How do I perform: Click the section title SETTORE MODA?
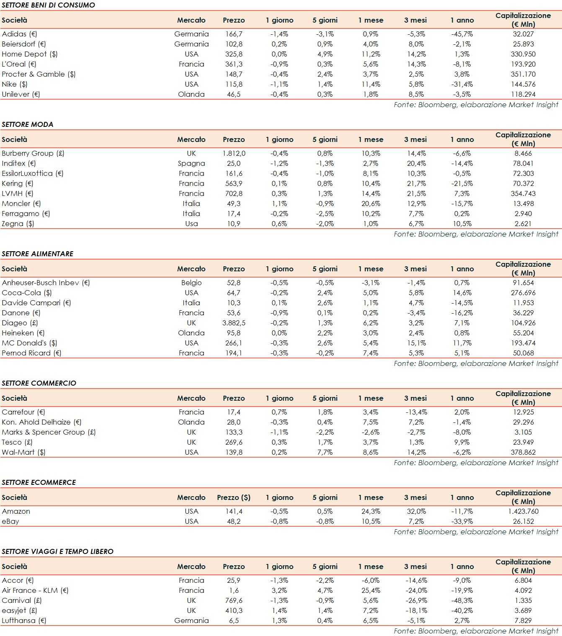[28, 124]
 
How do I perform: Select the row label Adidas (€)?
[19, 34]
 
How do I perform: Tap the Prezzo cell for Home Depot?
[234, 54]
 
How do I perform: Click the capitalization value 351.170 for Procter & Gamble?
[523, 74]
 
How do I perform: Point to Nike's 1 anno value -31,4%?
[462, 84]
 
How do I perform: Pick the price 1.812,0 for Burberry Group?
[234, 153]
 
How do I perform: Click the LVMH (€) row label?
[17, 193]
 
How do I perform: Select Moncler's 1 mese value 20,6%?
[371, 203]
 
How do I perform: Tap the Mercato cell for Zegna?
[191, 224]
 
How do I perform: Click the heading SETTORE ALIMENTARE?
[38, 254]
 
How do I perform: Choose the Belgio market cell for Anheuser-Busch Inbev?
[191, 283]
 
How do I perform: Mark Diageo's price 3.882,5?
[234, 323]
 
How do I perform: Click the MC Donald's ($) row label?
[29, 343]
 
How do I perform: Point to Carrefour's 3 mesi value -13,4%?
[416, 412]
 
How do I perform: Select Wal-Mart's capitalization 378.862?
[523, 452]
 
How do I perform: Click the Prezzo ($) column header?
[234, 497]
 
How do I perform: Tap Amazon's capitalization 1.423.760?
[523, 511]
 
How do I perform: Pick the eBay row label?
[10, 521]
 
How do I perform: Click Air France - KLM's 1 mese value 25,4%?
[371, 590]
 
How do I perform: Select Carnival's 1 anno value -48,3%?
[462, 600]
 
